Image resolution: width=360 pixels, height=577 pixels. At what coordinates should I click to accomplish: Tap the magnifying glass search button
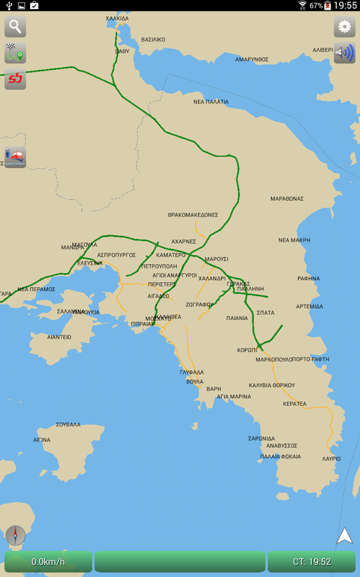[15, 27]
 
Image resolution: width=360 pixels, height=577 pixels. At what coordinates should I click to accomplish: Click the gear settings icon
[345, 27]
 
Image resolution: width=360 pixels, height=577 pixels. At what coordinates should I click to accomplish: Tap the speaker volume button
[345, 53]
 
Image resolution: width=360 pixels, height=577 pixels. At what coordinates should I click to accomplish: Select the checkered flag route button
[15, 53]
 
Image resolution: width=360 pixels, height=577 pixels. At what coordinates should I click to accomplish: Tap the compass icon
[15, 535]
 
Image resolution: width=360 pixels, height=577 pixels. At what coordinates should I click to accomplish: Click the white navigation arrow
[345, 536]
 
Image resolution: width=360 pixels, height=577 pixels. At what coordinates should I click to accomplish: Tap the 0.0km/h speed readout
[48, 562]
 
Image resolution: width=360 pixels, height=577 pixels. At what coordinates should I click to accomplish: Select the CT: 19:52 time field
[311, 562]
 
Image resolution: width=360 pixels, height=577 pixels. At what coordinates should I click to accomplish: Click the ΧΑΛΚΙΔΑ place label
[117, 19]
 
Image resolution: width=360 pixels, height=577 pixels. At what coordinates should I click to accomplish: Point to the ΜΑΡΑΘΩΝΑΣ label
[286, 199]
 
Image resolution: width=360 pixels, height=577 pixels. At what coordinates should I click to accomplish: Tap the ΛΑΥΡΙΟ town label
[331, 459]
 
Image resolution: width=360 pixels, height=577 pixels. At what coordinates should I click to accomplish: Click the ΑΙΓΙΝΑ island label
[42, 440]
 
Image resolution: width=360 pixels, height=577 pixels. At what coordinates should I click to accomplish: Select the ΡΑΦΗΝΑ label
[308, 279]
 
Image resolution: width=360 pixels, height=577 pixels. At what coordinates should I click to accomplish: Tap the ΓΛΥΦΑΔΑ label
[192, 372]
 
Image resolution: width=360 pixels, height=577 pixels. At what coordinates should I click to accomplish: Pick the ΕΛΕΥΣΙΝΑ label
[90, 263]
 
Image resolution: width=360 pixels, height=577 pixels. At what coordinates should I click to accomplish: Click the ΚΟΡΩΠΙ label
[247, 350]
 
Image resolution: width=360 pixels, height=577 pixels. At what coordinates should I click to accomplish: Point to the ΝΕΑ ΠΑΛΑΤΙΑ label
[211, 101]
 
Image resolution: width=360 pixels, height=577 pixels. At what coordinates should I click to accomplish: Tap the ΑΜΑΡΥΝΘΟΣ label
[252, 59]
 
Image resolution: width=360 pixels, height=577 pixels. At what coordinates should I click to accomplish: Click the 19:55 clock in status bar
[345, 6]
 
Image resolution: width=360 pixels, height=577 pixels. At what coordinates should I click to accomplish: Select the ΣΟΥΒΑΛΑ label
[68, 424]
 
